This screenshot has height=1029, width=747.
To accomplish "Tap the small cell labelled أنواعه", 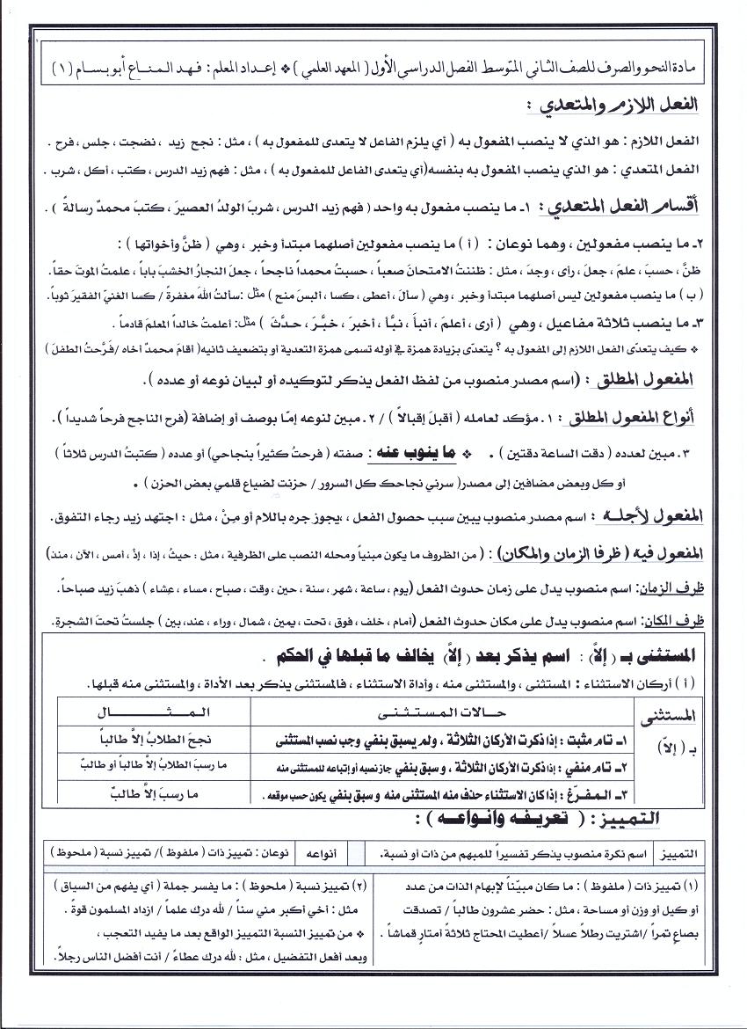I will pos(320,853).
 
